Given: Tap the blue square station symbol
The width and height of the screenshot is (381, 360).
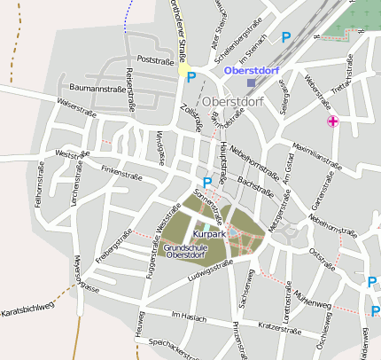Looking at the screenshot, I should coord(251,82).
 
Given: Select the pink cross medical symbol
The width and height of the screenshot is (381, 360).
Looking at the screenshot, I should coord(333,121).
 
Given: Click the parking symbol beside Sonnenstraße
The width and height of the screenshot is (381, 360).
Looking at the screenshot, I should coord(207,183).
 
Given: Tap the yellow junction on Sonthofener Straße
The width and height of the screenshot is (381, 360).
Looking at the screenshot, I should coord(183,69).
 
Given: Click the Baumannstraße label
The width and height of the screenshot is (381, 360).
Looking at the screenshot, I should coord(97,89).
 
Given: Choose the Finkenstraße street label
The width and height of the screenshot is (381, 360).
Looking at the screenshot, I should coord(121,168).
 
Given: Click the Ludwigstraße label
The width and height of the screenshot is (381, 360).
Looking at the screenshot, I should coord(209,272).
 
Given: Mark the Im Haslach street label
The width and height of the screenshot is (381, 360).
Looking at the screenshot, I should coord(188,315).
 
